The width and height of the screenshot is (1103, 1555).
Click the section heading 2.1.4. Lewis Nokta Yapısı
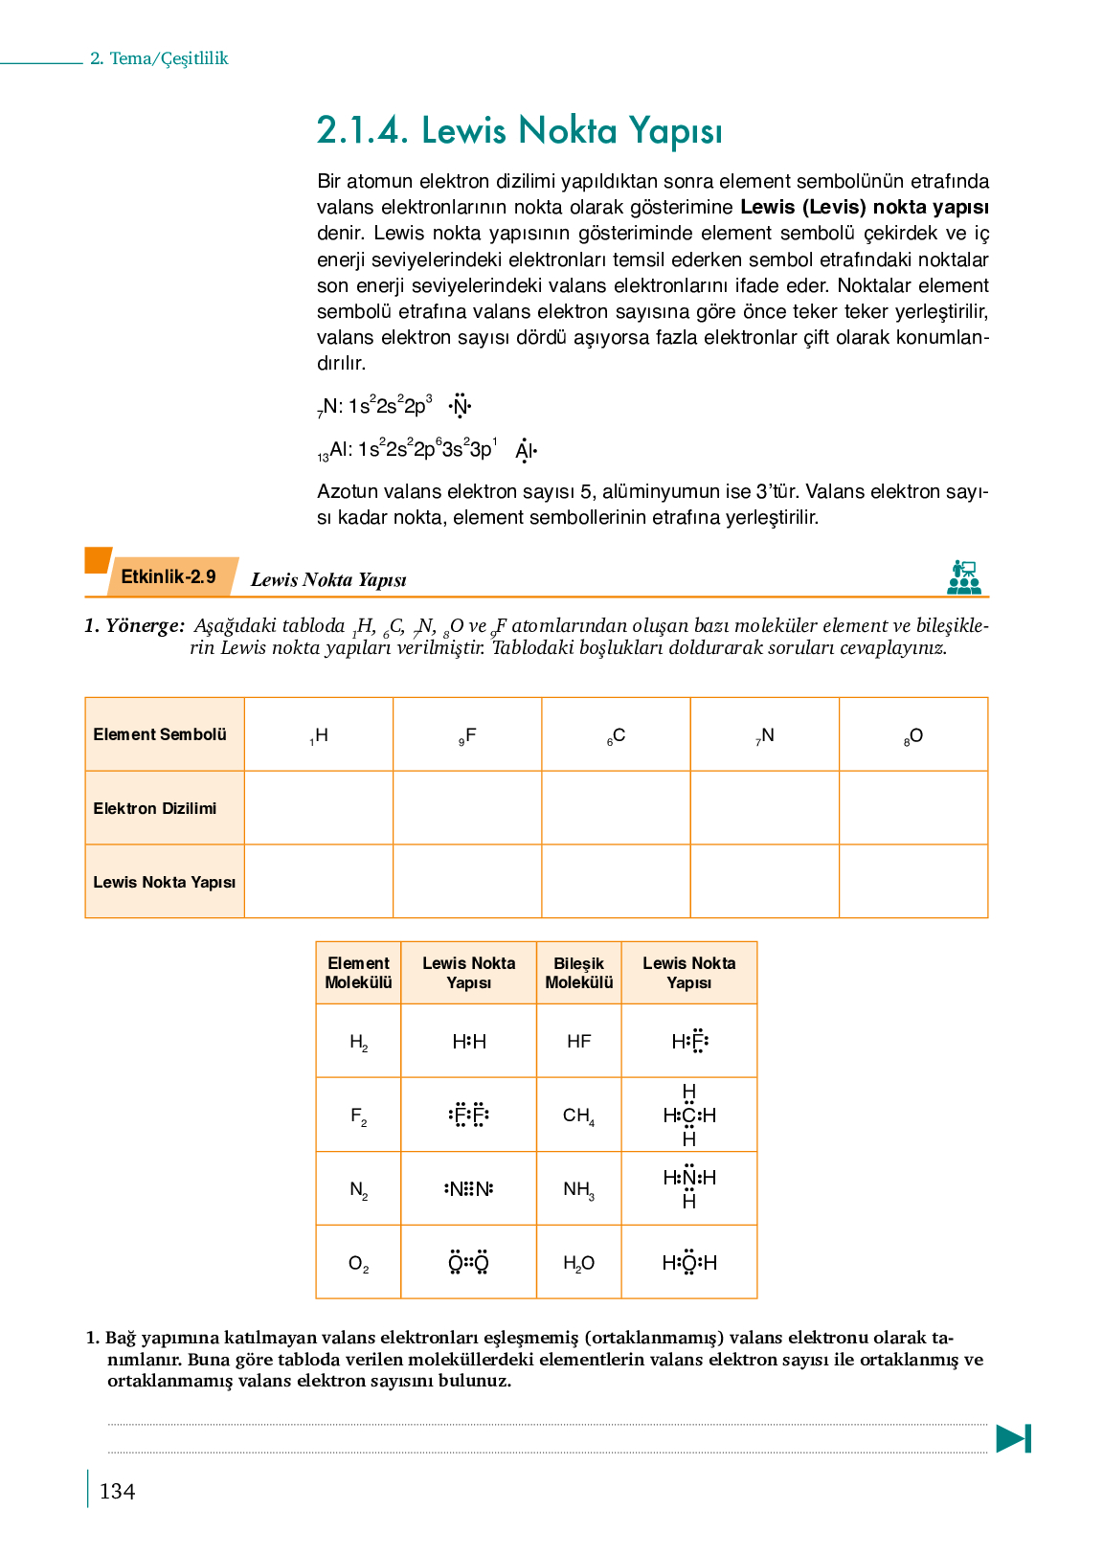[x=519, y=131]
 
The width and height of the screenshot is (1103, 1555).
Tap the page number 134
[x=117, y=1491]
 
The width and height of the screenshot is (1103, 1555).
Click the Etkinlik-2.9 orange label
[x=169, y=576]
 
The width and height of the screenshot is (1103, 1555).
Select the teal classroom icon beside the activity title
[x=964, y=577]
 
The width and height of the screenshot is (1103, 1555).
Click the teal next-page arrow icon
[x=1013, y=1438]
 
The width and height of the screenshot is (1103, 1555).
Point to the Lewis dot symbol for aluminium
[x=526, y=450]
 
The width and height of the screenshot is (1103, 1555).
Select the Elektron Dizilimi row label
[x=155, y=808]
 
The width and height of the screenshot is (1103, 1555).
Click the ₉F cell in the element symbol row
[x=467, y=735]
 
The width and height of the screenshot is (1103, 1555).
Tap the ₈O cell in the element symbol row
[x=913, y=735]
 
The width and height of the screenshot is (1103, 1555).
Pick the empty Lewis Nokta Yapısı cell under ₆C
[x=616, y=881]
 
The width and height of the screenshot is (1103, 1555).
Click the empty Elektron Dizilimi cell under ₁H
[x=319, y=808]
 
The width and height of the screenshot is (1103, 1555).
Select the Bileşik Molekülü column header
[x=578, y=973]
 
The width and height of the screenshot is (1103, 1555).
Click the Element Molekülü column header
[x=358, y=973]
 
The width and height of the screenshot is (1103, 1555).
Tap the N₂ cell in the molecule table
[x=358, y=1189]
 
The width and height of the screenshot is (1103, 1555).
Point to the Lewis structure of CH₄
[x=689, y=1115]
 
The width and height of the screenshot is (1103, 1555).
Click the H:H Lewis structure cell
[x=469, y=1041]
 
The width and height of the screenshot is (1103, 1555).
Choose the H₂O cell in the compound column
[x=578, y=1263]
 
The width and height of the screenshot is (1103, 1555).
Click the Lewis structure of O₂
[x=469, y=1263]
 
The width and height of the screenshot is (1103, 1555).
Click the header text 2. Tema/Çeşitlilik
[x=159, y=58]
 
